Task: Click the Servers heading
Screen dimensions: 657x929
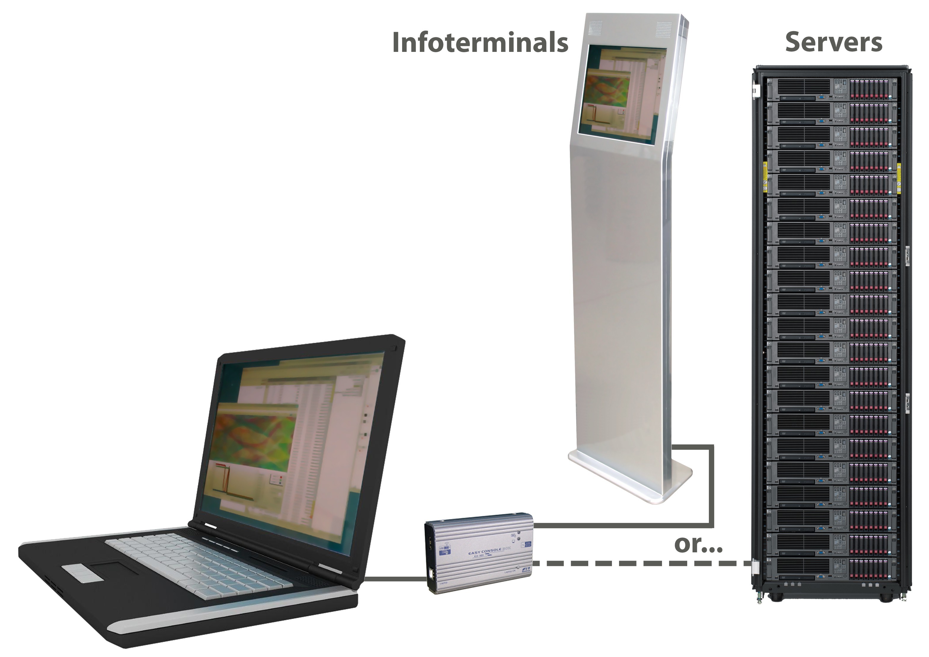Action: click(834, 42)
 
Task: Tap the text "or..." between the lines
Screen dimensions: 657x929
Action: click(698, 545)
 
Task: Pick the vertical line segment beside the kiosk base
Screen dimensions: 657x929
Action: click(711, 486)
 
